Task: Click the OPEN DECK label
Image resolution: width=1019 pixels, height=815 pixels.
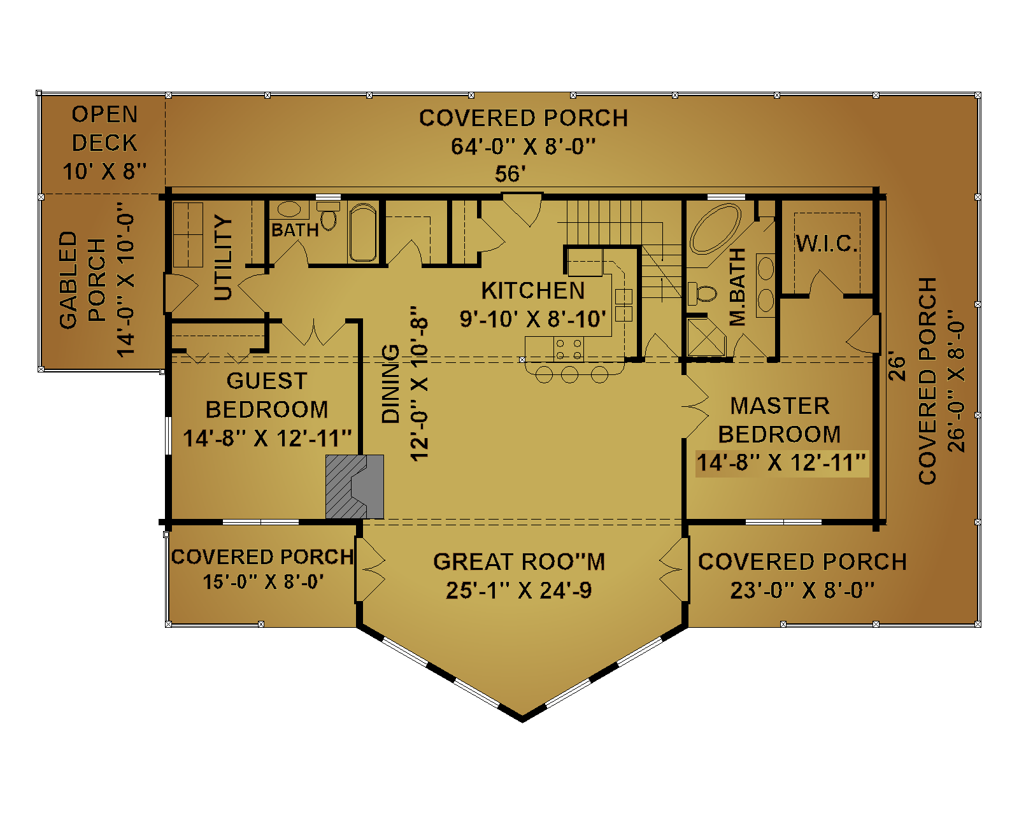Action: coord(104,129)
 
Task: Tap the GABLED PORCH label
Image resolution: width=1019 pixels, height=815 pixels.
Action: coord(82,280)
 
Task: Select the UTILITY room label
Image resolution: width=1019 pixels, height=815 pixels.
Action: coord(223,258)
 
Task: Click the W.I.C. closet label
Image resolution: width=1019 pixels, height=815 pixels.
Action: coord(826,243)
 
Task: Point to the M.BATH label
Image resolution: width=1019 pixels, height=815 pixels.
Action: coord(738,287)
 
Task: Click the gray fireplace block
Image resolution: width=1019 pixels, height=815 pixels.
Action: coord(354,486)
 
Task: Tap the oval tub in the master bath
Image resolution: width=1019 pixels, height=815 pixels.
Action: coord(715,229)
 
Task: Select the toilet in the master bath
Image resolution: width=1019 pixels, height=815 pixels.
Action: coord(702,293)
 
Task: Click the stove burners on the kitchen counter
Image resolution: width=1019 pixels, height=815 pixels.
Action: coord(568,350)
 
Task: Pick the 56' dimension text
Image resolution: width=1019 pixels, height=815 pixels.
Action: coord(510,174)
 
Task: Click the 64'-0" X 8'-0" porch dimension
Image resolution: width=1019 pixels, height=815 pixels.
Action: coord(524,146)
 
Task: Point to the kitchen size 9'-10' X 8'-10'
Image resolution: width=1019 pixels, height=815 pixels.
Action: coord(532,319)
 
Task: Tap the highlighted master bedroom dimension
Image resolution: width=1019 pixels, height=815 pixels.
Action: coord(781,463)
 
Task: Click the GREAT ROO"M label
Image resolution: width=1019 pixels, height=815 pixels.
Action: coord(519,562)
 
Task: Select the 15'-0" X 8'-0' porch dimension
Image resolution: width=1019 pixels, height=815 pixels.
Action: coord(263,581)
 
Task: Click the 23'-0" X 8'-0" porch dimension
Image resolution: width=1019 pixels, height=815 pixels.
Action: coord(802,590)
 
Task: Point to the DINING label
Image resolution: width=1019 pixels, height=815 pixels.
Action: coord(390,383)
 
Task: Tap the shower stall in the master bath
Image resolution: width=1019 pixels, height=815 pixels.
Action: coord(706,337)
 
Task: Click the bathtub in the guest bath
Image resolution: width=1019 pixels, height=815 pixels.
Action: coord(363,232)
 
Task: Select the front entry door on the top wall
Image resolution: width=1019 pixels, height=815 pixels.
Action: coord(522,209)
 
